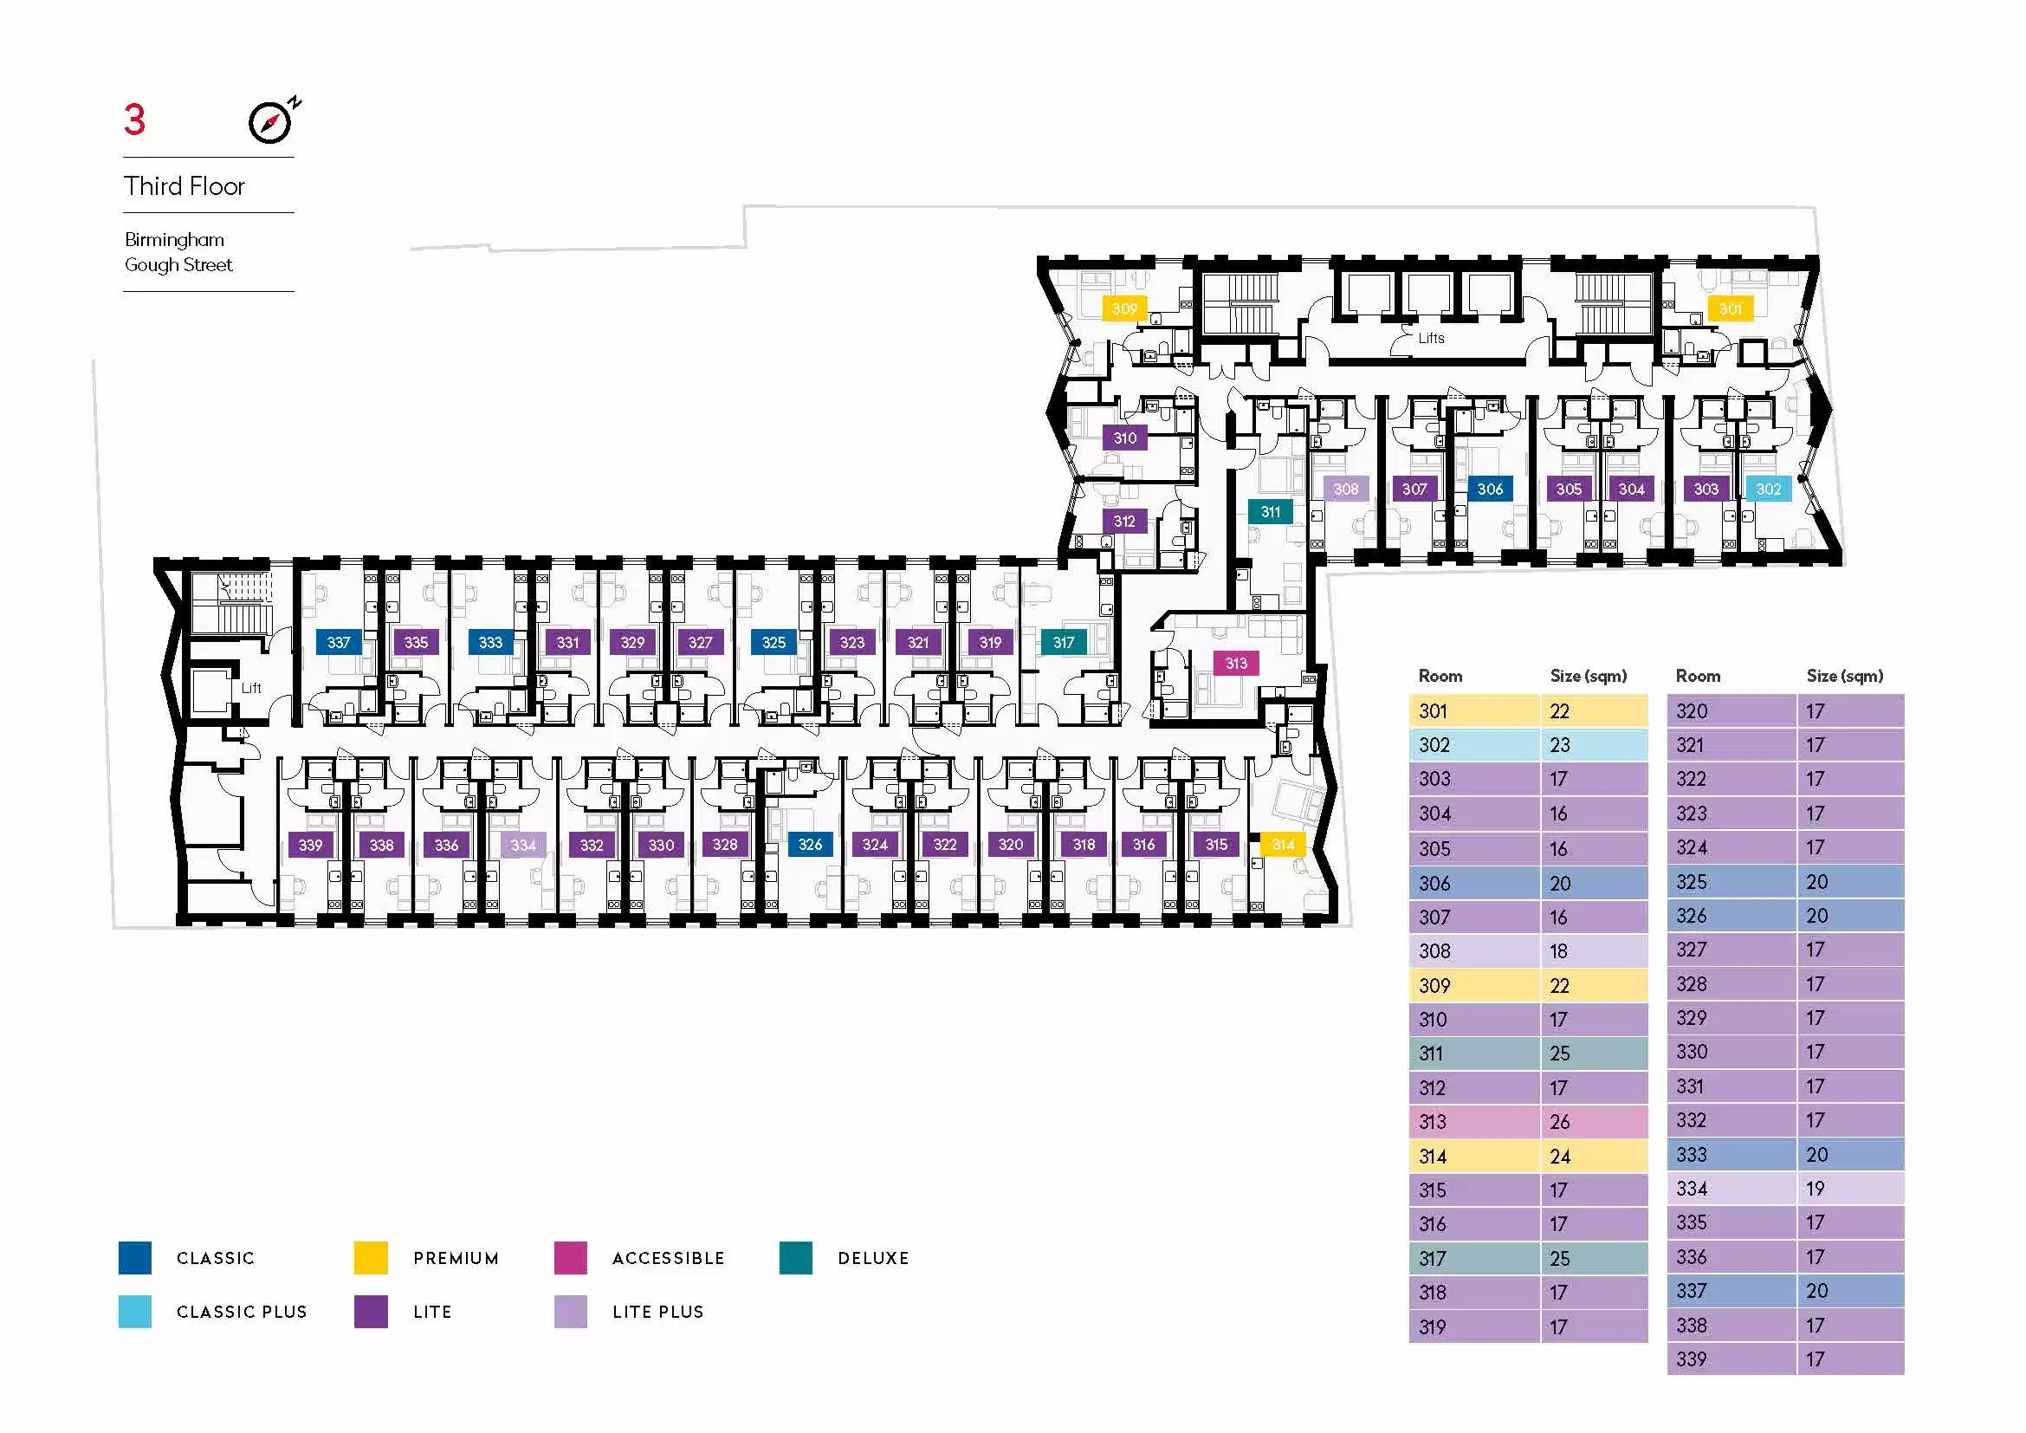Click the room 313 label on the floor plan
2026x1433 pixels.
(1235, 664)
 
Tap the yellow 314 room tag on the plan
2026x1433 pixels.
(1282, 845)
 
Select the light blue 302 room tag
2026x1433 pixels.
(1769, 489)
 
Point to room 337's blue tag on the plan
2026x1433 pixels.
(339, 642)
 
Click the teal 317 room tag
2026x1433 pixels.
(1064, 642)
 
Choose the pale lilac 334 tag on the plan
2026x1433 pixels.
(523, 845)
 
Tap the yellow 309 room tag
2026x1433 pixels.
(1124, 308)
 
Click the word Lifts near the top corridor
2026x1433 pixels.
(1431, 338)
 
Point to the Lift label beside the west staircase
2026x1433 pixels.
(251, 688)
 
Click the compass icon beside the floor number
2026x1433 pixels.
(271, 122)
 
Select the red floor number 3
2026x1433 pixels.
(134, 120)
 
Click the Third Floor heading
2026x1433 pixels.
(184, 186)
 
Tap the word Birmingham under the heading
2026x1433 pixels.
(175, 240)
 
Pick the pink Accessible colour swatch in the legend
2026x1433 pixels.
(570, 1257)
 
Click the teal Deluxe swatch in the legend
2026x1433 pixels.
(796, 1257)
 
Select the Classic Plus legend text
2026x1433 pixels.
(242, 1312)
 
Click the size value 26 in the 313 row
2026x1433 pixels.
(1560, 1121)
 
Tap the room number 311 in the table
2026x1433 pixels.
(1430, 1054)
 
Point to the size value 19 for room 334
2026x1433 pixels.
(1816, 1189)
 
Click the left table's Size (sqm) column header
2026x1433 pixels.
(1589, 676)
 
